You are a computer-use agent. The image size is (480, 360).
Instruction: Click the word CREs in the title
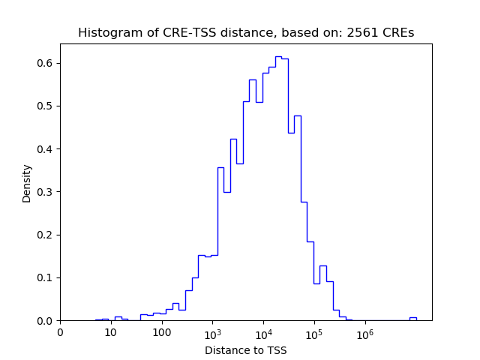398,33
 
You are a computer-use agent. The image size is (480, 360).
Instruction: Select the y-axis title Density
27,183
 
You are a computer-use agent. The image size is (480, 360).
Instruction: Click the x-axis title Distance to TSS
245,349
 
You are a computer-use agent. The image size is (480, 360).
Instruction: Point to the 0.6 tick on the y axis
46,63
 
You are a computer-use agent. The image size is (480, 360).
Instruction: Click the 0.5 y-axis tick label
46,106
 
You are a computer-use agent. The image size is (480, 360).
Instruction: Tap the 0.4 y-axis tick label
46,148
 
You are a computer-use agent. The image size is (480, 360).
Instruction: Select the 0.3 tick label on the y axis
46,192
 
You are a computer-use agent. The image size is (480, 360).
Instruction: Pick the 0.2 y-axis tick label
46,235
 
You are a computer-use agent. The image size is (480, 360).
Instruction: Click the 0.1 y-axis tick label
46,277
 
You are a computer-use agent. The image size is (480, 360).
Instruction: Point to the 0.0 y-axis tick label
46,321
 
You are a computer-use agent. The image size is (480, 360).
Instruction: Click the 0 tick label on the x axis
60,331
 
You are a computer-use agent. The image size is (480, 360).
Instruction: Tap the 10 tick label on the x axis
111,331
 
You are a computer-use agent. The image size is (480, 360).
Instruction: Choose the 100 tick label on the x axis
162,331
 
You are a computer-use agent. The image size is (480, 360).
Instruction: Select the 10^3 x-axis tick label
212,331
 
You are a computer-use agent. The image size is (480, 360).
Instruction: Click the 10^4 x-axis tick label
263,331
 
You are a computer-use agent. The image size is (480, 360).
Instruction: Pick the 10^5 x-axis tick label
314,331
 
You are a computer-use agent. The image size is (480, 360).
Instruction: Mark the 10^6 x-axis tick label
365,331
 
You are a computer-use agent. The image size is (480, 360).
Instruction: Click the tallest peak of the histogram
278,56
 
